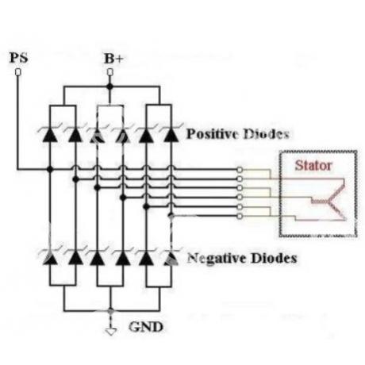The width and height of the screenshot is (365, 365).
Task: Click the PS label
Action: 18,58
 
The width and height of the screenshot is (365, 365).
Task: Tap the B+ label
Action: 113,59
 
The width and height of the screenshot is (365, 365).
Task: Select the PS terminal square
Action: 18,72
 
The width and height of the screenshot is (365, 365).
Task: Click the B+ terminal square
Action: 110,72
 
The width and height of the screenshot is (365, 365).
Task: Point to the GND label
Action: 146,327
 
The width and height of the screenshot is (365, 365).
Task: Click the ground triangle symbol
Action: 111,332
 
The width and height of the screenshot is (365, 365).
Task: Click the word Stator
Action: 313,166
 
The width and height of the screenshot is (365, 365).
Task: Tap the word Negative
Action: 217,258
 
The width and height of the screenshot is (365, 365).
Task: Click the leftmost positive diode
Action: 50,134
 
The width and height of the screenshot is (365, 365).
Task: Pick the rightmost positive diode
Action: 171,134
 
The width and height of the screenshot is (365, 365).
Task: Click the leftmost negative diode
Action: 50,257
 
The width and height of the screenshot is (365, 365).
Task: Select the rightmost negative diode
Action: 171,257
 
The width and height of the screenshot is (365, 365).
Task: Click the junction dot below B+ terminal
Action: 109,86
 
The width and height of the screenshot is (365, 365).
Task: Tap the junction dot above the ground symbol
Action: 111,311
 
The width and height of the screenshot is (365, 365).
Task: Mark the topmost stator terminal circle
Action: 240,169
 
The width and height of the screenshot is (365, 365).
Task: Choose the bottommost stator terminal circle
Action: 240,217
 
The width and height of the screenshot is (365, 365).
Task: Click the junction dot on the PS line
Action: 50,169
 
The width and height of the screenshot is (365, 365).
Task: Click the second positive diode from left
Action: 75,134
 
